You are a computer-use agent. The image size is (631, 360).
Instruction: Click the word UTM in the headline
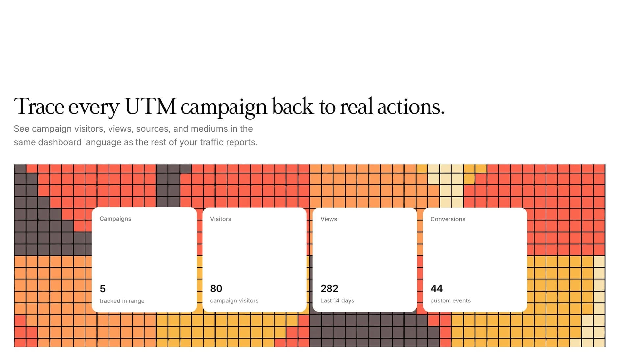151,107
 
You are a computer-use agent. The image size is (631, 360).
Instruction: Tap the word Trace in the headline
39,107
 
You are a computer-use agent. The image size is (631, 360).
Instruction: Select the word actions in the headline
411,107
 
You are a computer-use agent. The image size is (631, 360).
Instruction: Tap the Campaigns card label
115,219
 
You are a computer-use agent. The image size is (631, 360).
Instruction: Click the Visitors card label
221,219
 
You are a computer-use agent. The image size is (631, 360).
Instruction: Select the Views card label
329,219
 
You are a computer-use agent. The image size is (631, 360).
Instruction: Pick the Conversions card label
448,219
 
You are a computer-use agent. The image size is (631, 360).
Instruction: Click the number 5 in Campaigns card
103,289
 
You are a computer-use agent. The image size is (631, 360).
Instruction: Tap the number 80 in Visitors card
216,288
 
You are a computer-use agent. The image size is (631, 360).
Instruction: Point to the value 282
329,288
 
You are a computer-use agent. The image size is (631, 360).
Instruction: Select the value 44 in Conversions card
437,288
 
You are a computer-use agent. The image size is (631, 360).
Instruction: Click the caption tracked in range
122,301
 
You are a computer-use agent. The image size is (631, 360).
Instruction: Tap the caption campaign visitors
234,300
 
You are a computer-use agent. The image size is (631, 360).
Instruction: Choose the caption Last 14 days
337,300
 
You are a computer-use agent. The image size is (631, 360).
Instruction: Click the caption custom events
450,300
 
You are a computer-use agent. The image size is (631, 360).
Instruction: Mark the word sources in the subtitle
153,129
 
